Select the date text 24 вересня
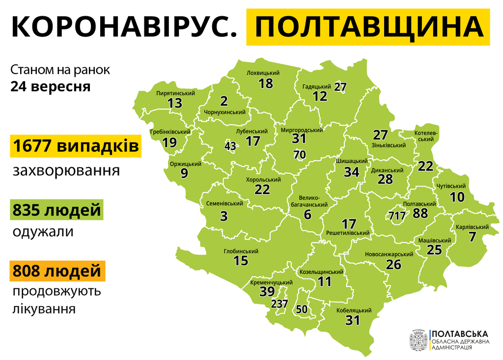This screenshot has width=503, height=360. (51, 86)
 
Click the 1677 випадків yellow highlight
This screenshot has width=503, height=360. (76, 147)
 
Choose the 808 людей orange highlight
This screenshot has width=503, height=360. (56, 271)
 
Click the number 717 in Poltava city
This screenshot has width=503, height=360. (396, 216)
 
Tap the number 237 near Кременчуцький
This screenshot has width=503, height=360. (279, 304)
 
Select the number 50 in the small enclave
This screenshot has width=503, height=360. (302, 309)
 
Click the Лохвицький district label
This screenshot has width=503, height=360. (263, 73)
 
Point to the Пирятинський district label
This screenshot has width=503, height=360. (175, 93)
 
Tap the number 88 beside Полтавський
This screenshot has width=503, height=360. (420, 214)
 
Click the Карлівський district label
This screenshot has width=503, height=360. (472, 227)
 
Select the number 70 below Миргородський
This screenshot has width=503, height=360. (300, 155)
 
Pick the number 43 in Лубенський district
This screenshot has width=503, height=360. (230, 146)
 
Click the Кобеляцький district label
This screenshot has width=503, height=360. (354, 310)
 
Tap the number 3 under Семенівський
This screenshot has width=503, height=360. (224, 216)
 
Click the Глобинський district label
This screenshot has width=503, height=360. (241, 251)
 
